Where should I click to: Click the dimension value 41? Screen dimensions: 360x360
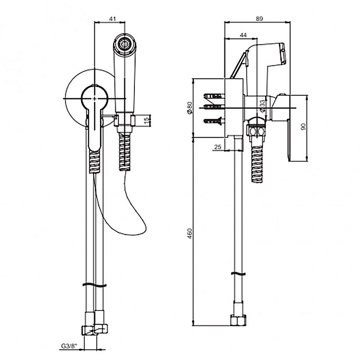[x=112, y=19]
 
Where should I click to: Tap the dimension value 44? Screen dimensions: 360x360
[x=243, y=35]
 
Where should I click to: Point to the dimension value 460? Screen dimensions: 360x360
[x=190, y=233]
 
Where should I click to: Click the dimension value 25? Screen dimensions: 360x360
[x=217, y=147]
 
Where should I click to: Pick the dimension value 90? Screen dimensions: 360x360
[x=303, y=127]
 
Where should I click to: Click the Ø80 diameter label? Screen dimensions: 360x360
[x=190, y=108]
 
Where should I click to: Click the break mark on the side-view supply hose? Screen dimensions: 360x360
[x=238, y=274]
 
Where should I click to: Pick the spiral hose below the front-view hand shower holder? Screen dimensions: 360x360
[x=125, y=153]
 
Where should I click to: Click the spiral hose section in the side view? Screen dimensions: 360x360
[x=258, y=164]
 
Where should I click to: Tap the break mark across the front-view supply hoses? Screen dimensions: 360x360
[x=94, y=285]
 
